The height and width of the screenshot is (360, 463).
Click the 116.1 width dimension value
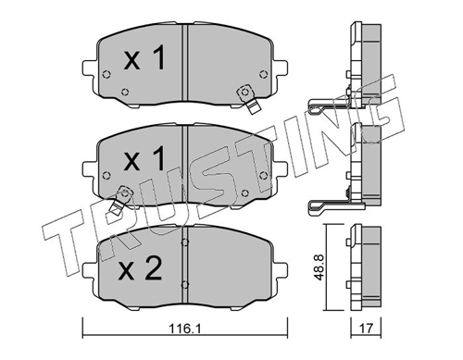click(185, 329)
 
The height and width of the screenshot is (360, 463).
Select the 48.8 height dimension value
click(319, 267)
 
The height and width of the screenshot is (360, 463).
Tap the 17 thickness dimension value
click(366, 329)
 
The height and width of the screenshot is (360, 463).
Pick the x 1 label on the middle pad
click(144, 158)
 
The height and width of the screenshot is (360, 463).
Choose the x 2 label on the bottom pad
click(141, 268)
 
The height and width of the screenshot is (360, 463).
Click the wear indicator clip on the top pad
click(249, 99)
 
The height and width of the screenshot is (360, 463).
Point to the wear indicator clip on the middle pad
click(120, 201)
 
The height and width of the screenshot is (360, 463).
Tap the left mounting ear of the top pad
click(90, 68)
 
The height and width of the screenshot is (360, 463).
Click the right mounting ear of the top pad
click(280, 68)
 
